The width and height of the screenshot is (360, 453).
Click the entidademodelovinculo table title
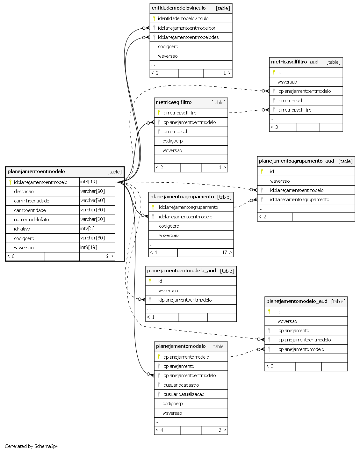click(x=178, y=8)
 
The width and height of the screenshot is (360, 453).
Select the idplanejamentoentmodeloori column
click(x=187, y=28)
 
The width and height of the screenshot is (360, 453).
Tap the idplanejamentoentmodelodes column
click(x=188, y=37)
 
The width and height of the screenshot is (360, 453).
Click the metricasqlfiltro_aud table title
click(x=295, y=62)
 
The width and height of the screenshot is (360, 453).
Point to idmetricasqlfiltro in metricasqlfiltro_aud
click(x=294, y=110)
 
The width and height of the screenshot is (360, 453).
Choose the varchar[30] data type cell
click(x=92, y=210)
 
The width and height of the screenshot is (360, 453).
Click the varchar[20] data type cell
click(x=92, y=219)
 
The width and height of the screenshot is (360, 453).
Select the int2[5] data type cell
click(x=87, y=229)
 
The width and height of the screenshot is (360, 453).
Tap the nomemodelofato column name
click(x=31, y=220)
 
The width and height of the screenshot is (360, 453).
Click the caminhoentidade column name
click(x=32, y=201)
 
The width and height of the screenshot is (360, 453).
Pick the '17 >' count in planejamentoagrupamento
click(x=227, y=252)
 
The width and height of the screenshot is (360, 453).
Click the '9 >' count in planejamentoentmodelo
click(x=109, y=256)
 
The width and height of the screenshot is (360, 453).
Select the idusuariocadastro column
click(x=181, y=385)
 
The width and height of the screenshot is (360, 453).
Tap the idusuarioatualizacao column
click(x=183, y=394)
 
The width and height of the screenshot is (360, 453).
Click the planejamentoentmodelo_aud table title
click(x=181, y=271)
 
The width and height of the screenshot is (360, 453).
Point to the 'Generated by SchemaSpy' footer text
click(x=32, y=446)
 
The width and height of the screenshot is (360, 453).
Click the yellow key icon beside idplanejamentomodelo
click(x=159, y=357)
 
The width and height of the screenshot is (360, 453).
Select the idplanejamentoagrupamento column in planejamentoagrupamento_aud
click(x=299, y=200)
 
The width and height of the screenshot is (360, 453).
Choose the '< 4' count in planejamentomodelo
click(x=159, y=430)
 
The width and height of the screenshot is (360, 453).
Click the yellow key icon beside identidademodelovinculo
click(x=154, y=18)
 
